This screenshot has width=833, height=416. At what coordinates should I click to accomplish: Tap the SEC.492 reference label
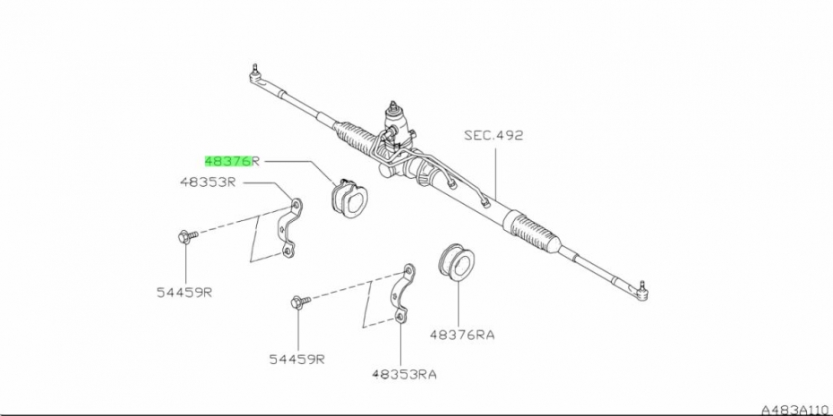493,136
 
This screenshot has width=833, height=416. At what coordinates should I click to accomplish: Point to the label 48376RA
461,335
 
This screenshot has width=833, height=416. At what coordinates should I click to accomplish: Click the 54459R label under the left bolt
184,293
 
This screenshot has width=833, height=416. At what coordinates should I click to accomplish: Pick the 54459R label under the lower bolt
296,359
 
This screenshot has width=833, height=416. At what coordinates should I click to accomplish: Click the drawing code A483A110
794,408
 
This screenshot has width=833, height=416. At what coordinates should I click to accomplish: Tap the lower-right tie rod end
643,288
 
